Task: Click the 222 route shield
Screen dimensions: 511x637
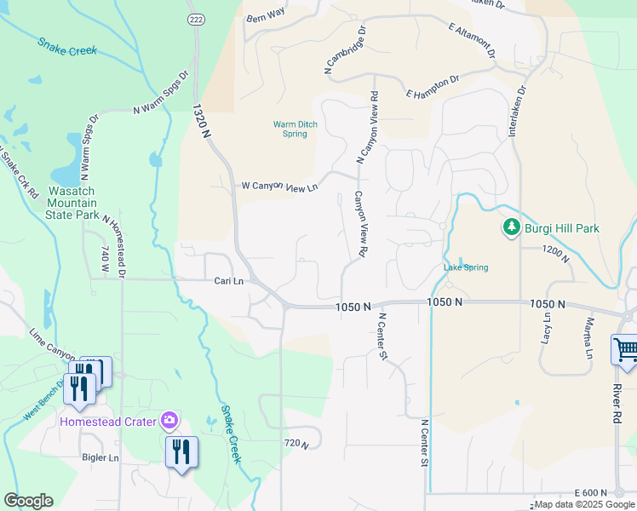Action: [197, 20]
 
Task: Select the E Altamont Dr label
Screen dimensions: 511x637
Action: [472, 40]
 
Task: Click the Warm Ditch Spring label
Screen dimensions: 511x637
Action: [295, 129]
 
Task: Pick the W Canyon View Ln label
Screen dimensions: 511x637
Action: [279, 185]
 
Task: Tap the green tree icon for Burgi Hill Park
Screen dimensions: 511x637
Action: [511, 228]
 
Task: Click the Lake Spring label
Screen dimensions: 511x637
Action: [466, 267]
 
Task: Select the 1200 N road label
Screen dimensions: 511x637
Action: [556, 250]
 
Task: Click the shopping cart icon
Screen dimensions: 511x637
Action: [625, 349]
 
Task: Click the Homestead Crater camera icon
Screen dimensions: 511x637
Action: [170, 420]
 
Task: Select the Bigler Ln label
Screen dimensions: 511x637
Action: [100, 457]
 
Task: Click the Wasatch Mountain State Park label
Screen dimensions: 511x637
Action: [72, 204]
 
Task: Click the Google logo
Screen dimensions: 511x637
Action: [28, 501]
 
